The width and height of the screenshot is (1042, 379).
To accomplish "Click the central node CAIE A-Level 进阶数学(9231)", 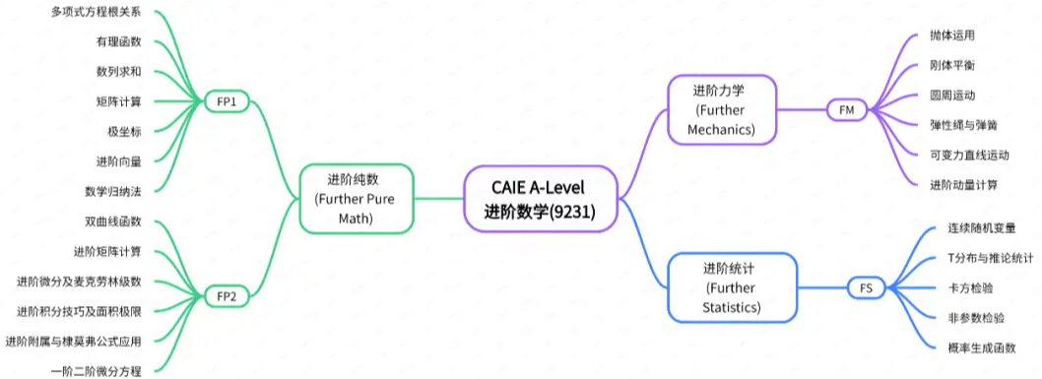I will pyautogui.click(x=540, y=198).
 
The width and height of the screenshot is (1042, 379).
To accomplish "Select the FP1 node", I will pyautogui.click(x=228, y=100).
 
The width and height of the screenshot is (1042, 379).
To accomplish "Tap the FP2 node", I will pyautogui.click(x=228, y=294).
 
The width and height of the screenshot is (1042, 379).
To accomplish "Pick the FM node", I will pyautogui.click(x=846, y=110).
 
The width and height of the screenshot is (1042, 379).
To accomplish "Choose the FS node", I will pyautogui.click(x=866, y=287).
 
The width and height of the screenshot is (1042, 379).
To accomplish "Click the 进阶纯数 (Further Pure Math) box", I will pyautogui.click(x=356, y=199).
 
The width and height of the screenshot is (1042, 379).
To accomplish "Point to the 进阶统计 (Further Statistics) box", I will pyautogui.click(x=730, y=286).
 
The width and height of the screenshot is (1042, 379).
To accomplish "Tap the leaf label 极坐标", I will pyautogui.click(x=125, y=131).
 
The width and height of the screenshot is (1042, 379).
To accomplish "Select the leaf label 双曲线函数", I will pyautogui.click(x=113, y=221).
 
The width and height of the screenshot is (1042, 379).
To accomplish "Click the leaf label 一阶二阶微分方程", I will pyautogui.click(x=96, y=371).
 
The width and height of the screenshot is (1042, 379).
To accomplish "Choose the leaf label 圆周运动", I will pyautogui.click(x=951, y=95).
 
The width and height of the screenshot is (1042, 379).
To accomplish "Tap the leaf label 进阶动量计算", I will pyautogui.click(x=963, y=184).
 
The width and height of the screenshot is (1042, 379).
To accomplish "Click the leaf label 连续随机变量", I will pyautogui.click(x=981, y=227).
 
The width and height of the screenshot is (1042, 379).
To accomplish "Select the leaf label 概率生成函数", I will pyautogui.click(x=981, y=347).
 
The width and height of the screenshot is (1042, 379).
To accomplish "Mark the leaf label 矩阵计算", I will pyautogui.click(x=119, y=100).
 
